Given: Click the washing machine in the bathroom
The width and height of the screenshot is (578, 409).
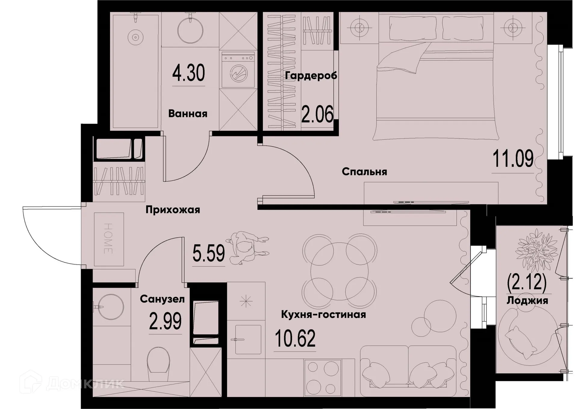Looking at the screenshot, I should pos(238,70).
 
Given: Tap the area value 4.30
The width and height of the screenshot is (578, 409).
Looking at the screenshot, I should pos(188,73).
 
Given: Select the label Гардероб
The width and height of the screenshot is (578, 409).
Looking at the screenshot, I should pos(311,76).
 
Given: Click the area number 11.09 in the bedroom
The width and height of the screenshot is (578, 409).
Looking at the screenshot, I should pos(513,159).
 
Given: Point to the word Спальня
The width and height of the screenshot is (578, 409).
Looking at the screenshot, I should pos(364,172).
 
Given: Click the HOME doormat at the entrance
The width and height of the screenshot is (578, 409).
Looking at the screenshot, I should pos(109,239).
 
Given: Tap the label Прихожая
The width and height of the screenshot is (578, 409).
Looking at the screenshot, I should pos(172,210).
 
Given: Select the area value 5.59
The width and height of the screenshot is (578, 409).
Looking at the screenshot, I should pos(208,253).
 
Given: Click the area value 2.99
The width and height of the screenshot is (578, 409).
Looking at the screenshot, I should pos(165,321).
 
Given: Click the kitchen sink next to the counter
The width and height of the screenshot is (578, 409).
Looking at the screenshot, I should pos(247,339).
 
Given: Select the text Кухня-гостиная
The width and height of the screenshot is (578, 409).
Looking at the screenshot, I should pos(323,315).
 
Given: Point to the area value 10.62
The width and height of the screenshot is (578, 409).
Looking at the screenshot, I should pos(295,338).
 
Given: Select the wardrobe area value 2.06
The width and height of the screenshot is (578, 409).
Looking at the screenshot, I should pos(317,115).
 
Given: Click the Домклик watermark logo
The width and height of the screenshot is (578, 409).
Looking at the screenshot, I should pos(72,383).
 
